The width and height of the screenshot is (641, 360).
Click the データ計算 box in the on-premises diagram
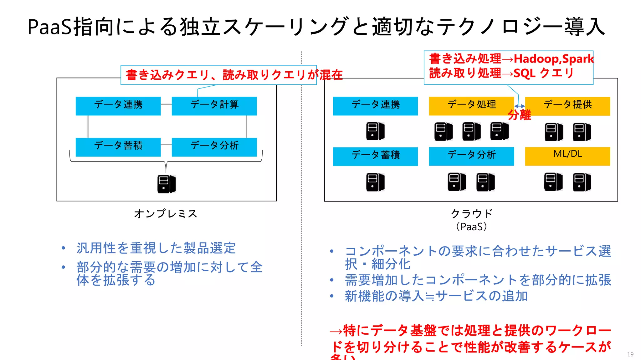point(214,106)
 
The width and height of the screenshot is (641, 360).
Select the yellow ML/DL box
point(567,156)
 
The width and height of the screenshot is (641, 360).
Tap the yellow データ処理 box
point(471,106)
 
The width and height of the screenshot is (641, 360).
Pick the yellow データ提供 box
point(567,106)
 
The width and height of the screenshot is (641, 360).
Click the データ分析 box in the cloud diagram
point(471,156)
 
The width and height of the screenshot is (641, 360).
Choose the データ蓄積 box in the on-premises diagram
point(118,147)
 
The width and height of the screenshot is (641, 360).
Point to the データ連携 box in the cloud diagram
point(375,106)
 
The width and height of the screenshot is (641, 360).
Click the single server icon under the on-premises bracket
point(166,184)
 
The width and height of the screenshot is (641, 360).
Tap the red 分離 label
point(519,115)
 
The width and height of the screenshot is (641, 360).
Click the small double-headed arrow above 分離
point(520,106)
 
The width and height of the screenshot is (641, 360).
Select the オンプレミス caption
point(166,214)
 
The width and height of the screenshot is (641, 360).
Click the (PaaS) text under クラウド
point(471,227)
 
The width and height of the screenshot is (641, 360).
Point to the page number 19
point(630,354)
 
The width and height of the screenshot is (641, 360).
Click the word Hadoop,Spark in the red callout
point(553,59)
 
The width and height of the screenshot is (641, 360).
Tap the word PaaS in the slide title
point(50,27)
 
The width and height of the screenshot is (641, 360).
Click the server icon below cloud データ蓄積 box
point(375,182)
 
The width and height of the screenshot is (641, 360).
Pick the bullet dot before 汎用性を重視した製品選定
point(64,248)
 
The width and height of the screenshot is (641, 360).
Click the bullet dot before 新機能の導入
point(332,296)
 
